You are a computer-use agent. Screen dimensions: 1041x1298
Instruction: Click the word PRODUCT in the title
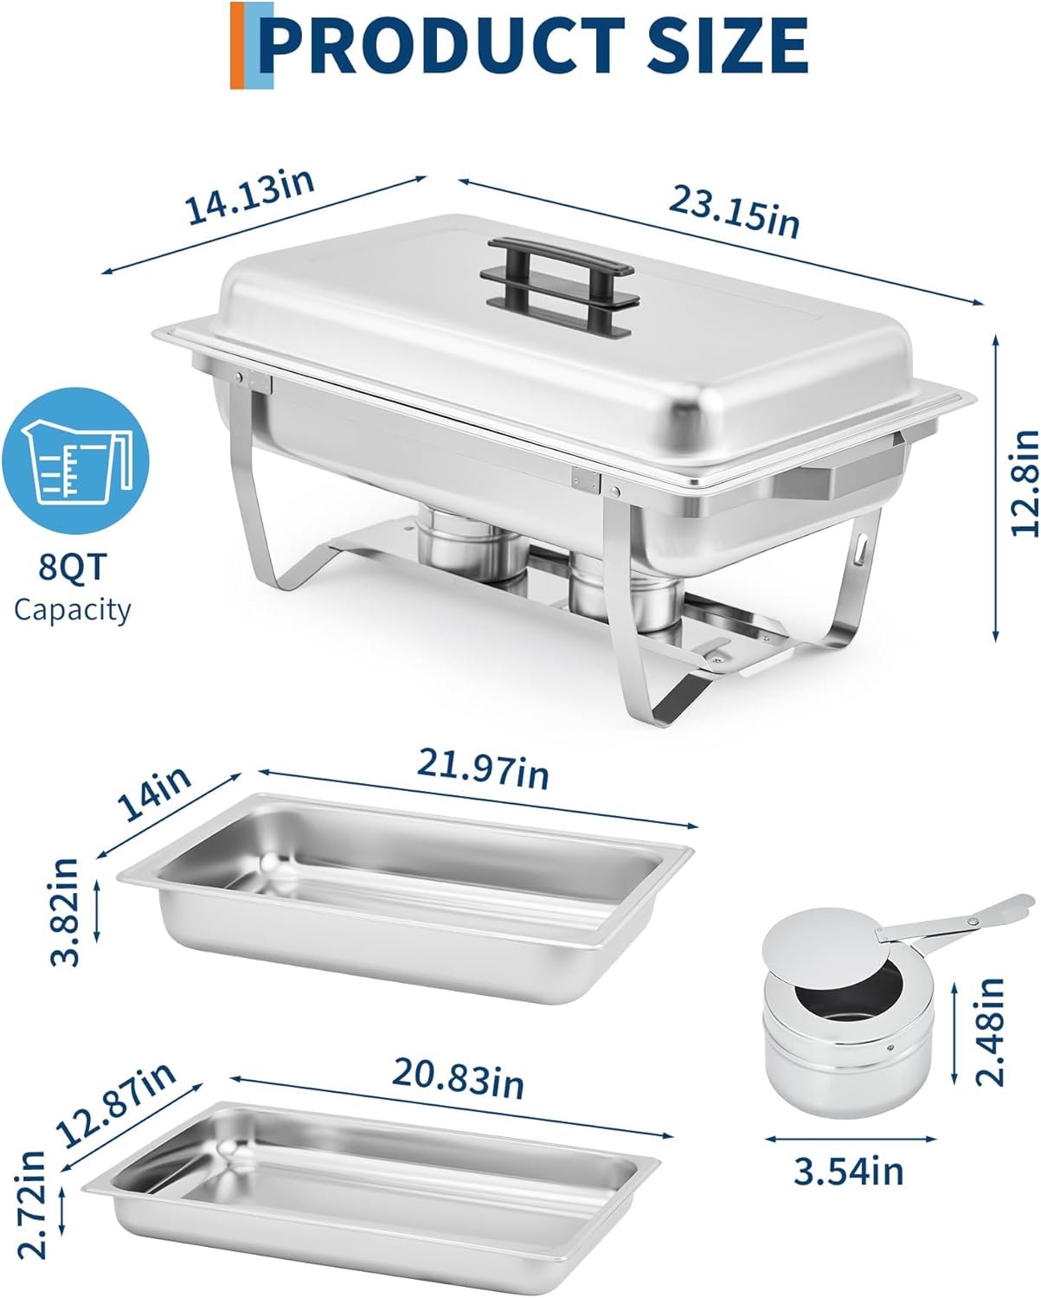coord(442,46)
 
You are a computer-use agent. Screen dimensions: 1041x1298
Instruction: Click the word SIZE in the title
coord(728,46)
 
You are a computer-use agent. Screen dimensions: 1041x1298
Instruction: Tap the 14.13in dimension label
coord(250,196)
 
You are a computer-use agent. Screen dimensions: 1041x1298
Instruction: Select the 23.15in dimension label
coord(734,212)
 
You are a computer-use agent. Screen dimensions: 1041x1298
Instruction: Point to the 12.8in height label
coord(1025,483)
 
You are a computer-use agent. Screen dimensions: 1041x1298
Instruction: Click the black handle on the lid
coord(556,286)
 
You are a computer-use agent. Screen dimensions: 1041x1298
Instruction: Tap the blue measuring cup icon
coord(75,461)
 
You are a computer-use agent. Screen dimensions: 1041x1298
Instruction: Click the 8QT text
coord(73,567)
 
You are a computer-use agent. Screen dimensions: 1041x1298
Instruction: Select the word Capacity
coord(73,610)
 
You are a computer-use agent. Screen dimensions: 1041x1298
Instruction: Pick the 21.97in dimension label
coord(483,768)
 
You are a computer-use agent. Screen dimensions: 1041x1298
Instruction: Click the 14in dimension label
coord(154,794)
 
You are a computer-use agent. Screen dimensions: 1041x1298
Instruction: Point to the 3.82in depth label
coord(65,912)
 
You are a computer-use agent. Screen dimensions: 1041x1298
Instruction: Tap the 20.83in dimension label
coord(458,1078)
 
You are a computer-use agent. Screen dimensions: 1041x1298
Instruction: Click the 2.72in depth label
coord(31,1207)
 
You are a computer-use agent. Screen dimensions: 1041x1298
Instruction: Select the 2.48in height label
coord(990,1032)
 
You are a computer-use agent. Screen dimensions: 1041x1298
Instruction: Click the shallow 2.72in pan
coord(371,1196)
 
